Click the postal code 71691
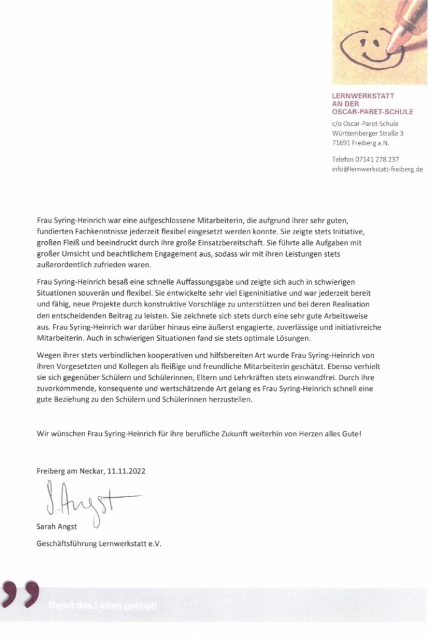tap(343, 142)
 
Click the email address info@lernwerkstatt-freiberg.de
tap(377, 168)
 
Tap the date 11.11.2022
tap(128, 472)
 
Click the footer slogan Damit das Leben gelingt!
tap(104, 605)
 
